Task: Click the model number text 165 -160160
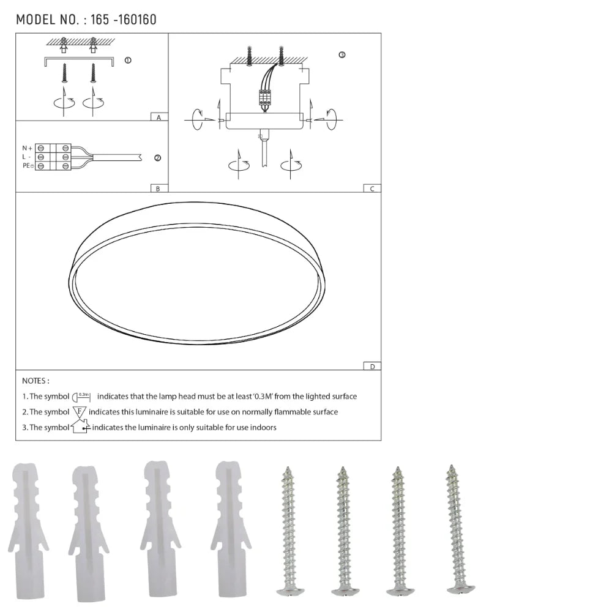123,20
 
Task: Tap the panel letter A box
159,117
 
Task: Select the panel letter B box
159,188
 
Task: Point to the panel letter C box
371,188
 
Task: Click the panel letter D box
371,366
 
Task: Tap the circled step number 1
127,61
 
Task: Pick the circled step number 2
157,158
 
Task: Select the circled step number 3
341,54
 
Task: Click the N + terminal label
27,148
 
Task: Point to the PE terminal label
28,166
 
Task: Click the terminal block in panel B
53,157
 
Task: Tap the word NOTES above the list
35,381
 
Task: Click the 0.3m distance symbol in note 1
82,397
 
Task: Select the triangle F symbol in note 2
80,412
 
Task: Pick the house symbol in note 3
80,427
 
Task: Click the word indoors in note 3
263,427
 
